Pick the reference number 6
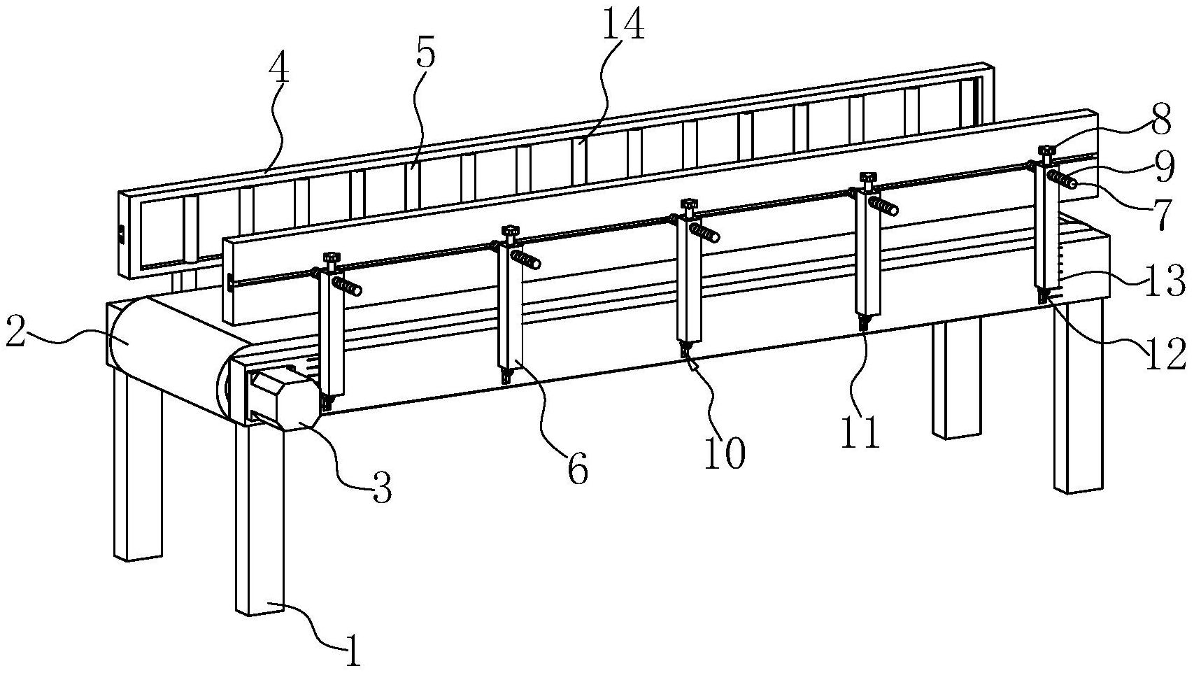point(578,469)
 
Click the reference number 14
point(624,26)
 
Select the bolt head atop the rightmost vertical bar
point(1047,150)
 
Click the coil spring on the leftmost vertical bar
point(347,286)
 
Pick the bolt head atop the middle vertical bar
point(689,203)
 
